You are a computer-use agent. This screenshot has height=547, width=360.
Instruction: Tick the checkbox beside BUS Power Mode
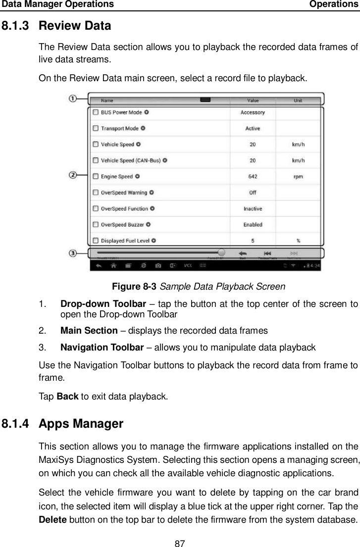(x=95, y=112)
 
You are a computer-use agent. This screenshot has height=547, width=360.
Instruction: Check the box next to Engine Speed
(x=95, y=176)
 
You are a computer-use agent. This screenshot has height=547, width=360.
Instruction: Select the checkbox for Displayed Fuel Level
(x=95, y=241)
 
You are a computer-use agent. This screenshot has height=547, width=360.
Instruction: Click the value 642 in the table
(x=253, y=176)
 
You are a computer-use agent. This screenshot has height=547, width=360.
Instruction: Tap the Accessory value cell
(x=253, y=112)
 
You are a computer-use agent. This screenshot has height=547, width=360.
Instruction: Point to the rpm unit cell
(x=298, y=176)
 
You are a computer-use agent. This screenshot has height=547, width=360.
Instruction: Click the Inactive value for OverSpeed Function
(x=253, y=208)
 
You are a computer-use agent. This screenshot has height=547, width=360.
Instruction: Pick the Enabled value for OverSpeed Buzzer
(x=253, y=225)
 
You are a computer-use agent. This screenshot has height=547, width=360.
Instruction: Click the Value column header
(x=253, y=100)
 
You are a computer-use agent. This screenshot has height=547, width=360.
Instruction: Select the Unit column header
(x=298, y=100)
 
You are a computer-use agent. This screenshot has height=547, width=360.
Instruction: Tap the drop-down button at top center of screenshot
(x=205, y=100)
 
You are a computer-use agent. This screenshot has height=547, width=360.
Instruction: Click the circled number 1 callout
(x=72, y=98)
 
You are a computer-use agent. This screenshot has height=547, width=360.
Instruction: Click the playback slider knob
(x=221, y=252)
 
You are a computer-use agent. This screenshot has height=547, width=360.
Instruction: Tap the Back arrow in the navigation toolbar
(x=243, y=252)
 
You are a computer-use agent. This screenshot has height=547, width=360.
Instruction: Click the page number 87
(x=180, y=541)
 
